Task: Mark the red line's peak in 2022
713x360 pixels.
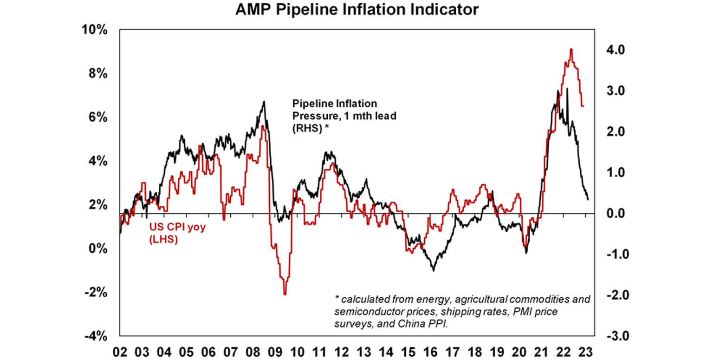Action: pos(571,49)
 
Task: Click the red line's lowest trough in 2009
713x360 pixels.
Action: pos(285,294)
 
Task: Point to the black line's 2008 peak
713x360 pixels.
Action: pos(264,102)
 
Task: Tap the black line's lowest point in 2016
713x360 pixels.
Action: pos(434,270)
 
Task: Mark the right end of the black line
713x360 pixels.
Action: pos(588,199)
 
